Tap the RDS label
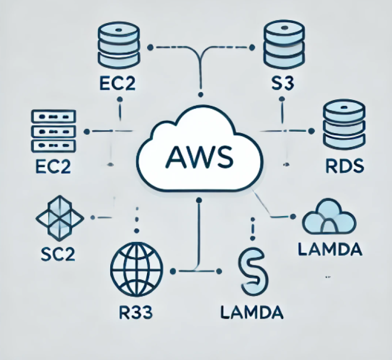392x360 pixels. (344, 166)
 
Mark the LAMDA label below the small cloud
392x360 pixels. (330, 249)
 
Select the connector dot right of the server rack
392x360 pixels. (87, 131)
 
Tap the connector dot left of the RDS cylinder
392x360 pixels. (310, 131)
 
